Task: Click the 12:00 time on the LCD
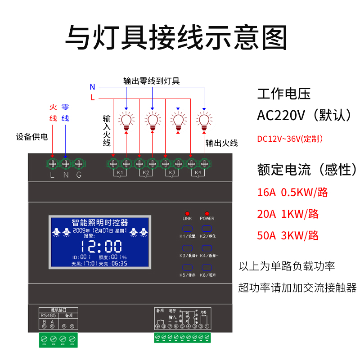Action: pyautogui.click(x=101, y=247)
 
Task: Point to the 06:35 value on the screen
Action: pyautogui.click(x=119, y=263)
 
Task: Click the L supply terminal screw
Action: pyautogui.click(x=52, y=162)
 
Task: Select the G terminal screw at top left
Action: pyautogui.click(x=79, y=162)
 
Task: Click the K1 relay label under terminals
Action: pyautogui.click(x=120, y=173)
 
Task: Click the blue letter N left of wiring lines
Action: pyautogui.click(x=92, y=87)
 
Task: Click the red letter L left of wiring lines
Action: pyautogui.click(x=92, y=97)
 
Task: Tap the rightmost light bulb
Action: pyautogui.click(x=205, y=121)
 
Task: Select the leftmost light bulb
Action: pyautogui.click(x=126, y=121)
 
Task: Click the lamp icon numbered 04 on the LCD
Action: pyautogui.click(x=144, y=232)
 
